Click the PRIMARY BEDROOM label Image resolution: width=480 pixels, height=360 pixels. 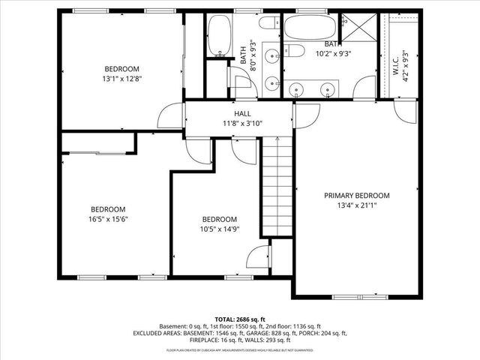point(357,195)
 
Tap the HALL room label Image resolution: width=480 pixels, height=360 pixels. point(242,113)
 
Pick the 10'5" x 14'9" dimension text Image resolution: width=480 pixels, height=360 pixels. point(220,229)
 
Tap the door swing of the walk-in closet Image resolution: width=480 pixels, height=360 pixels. point(405,112)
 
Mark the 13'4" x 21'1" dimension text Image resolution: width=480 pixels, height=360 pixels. point(357,205)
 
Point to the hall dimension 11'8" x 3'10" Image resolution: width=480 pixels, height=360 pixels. point(242,123)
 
